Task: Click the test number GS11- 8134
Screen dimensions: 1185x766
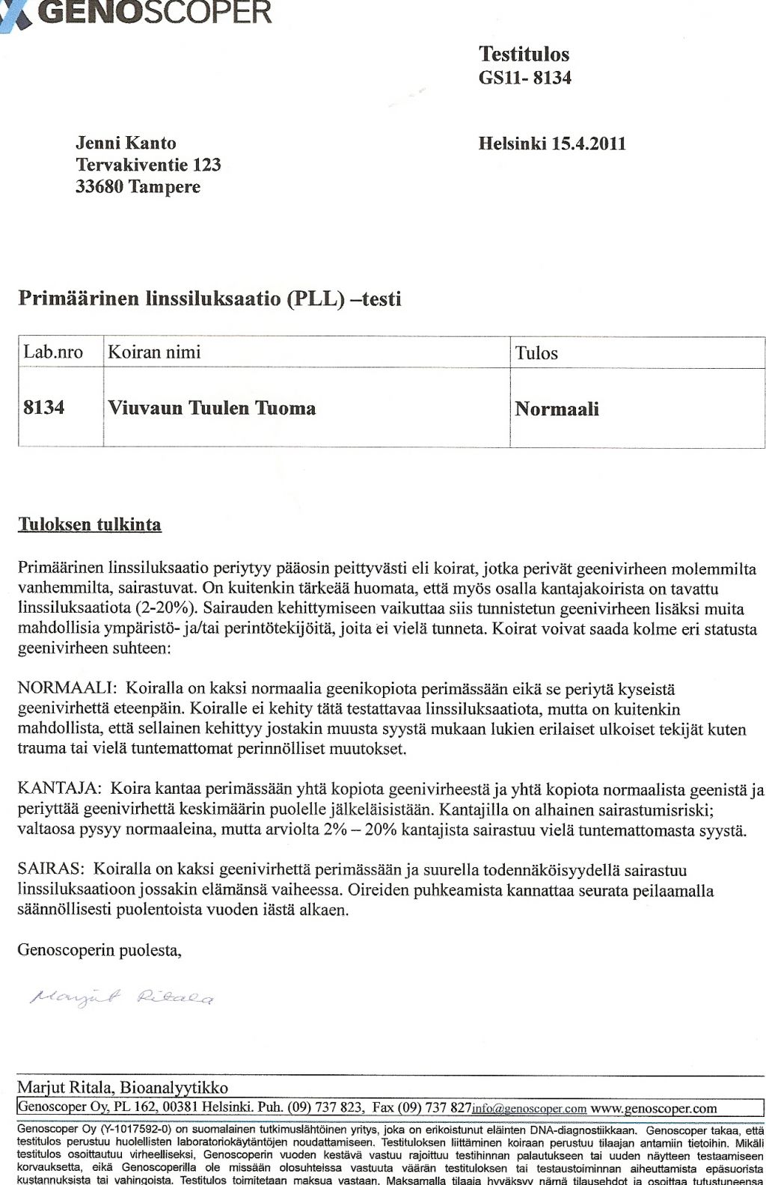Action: [x=524, y=77]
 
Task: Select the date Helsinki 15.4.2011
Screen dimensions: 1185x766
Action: [x=552, y=144]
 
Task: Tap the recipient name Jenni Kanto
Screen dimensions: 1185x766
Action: [x=126, y=143]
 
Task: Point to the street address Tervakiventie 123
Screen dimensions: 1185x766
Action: [x=148, y=165]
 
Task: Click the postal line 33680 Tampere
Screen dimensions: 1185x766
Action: [x=138, y=186]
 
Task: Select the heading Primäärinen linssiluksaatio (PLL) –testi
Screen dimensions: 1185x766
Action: [x=209, y=299]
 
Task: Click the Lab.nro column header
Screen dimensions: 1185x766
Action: [x=53, y=352]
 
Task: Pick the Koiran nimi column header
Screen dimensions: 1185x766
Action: [x=154, y=352]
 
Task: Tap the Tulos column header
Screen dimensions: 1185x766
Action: [x=536, y=353]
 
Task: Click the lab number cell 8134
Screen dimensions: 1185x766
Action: [x=44, y=408]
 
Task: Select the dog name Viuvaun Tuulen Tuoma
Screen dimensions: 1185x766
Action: [x=212, y=408]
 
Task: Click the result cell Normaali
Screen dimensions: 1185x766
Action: [x=557, y=409]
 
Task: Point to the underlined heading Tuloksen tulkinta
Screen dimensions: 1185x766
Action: [x=90, y=524]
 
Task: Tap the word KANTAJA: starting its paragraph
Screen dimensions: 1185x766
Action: [x=60, y=789]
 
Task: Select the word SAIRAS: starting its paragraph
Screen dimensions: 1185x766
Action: [x=51, y=869]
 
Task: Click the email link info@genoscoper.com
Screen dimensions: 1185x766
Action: [x=529, y=1109]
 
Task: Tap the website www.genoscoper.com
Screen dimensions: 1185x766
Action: [x=653, y=1108]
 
